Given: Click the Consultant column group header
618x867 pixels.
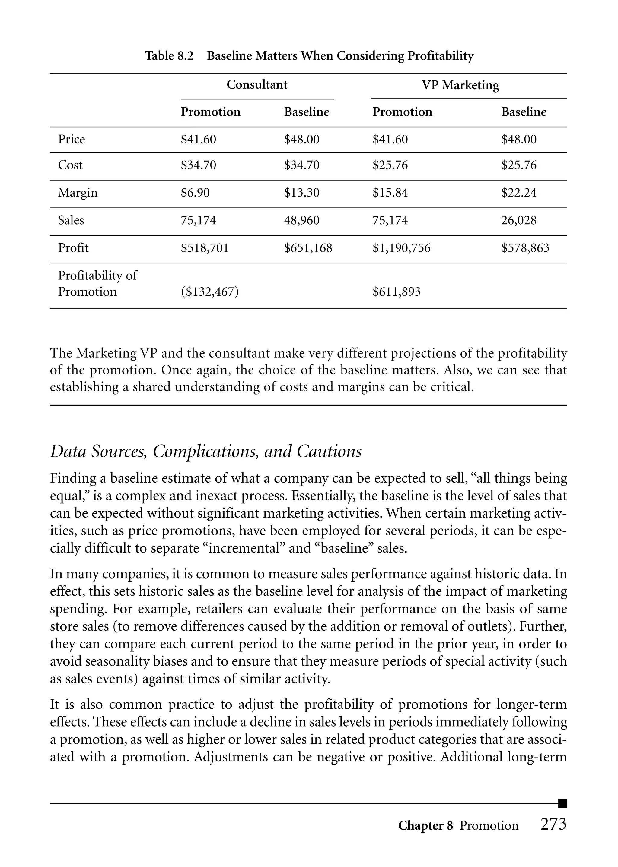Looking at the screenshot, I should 257,84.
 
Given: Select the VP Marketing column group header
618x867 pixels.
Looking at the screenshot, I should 460,85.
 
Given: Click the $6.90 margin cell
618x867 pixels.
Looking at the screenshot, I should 195,193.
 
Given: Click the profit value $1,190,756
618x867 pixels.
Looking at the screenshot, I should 401,248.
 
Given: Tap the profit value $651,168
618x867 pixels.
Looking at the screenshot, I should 308,248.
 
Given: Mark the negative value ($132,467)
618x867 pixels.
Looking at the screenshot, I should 210,292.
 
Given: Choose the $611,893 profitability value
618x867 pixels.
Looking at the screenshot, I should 396,292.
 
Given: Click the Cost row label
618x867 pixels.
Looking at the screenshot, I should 70,165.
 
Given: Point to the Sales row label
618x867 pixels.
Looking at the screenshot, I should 71,220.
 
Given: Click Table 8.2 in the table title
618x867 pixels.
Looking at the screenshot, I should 169,56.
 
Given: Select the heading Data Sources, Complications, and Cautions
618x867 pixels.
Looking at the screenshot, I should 205,452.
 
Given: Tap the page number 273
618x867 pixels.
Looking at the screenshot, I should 553,824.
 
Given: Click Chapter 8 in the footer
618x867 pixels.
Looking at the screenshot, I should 425,826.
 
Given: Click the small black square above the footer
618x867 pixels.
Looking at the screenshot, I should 562,803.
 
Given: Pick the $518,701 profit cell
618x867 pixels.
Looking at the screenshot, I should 204,248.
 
